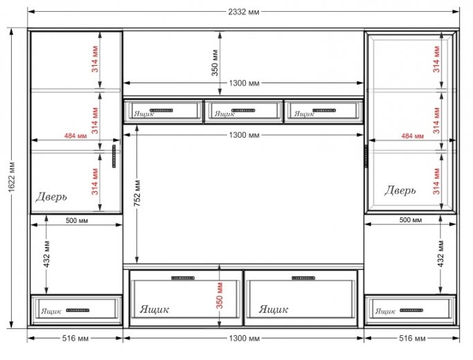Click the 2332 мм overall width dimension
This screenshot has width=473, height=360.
coord(244,12)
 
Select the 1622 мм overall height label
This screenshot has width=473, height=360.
coord(12,177)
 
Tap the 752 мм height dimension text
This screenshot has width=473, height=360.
coord(137,194)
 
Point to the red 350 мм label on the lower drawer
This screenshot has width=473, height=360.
coord(220,296)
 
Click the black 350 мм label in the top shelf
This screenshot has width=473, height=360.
coord(215,63)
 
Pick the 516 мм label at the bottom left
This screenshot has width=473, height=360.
coord(75,339)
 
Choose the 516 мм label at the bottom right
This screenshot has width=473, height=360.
coord(412,339)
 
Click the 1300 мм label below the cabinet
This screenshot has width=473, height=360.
coord(244,339)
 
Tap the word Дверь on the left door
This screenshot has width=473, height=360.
coord(51,197)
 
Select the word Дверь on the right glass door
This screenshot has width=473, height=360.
coord(400,190)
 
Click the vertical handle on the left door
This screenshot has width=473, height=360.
coord(114,156)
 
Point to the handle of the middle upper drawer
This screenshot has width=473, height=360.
coord(244,110)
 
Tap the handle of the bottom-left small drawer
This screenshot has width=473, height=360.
coord(78,310)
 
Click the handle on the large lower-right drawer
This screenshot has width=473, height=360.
coord(303,278)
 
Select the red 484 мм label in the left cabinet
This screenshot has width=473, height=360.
coord(75,136)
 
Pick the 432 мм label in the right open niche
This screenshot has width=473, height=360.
coord(440,254)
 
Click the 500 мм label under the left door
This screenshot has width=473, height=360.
coord(77,221)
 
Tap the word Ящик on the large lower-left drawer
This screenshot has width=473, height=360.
coord(154,309)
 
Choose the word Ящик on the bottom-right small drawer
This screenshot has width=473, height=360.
coord(385,311)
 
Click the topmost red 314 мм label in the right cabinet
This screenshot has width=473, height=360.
coord(437,59)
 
